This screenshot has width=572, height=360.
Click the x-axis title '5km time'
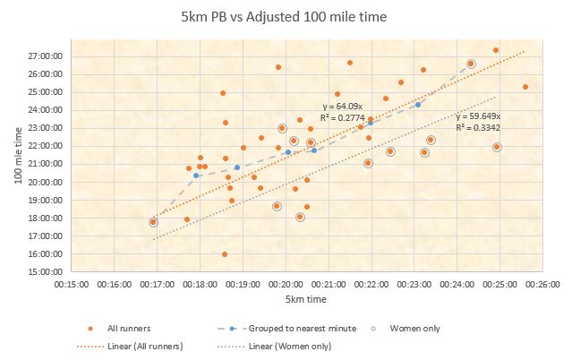(306, 298)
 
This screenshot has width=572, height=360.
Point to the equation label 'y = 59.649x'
(478, 116)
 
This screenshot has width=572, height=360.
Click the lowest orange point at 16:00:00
(225, 254)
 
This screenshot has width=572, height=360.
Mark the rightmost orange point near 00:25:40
(525, 87)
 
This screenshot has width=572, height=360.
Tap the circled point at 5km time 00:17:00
(153, 222)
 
